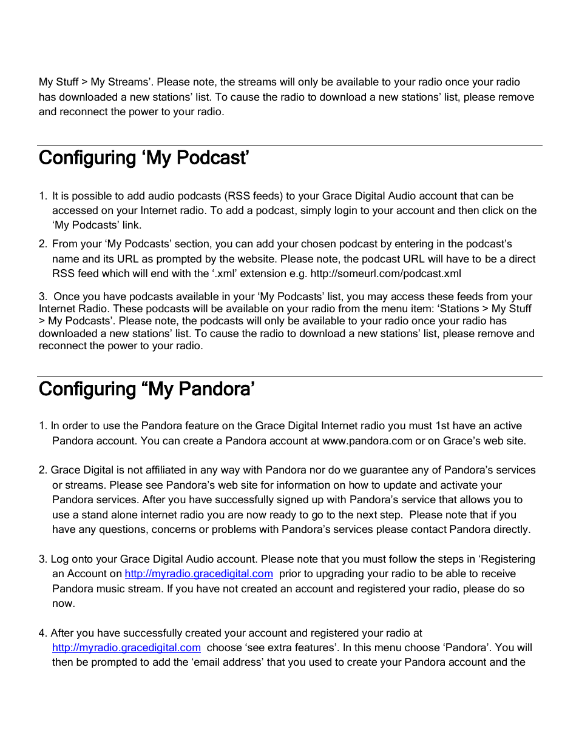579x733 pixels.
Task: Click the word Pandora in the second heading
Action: point(216,389)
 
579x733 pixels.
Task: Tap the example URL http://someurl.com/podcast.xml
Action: point(385,273)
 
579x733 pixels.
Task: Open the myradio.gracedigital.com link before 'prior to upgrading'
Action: point(199,574)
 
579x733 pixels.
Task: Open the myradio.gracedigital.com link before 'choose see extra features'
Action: point(126,648)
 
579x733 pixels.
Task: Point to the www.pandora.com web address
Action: point(367,441)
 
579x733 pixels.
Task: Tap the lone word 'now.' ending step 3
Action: point(64,603)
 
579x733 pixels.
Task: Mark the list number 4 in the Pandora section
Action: point(42,633)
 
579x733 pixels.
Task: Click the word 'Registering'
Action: point(506,559)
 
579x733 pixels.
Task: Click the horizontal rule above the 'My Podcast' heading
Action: point(289,146)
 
